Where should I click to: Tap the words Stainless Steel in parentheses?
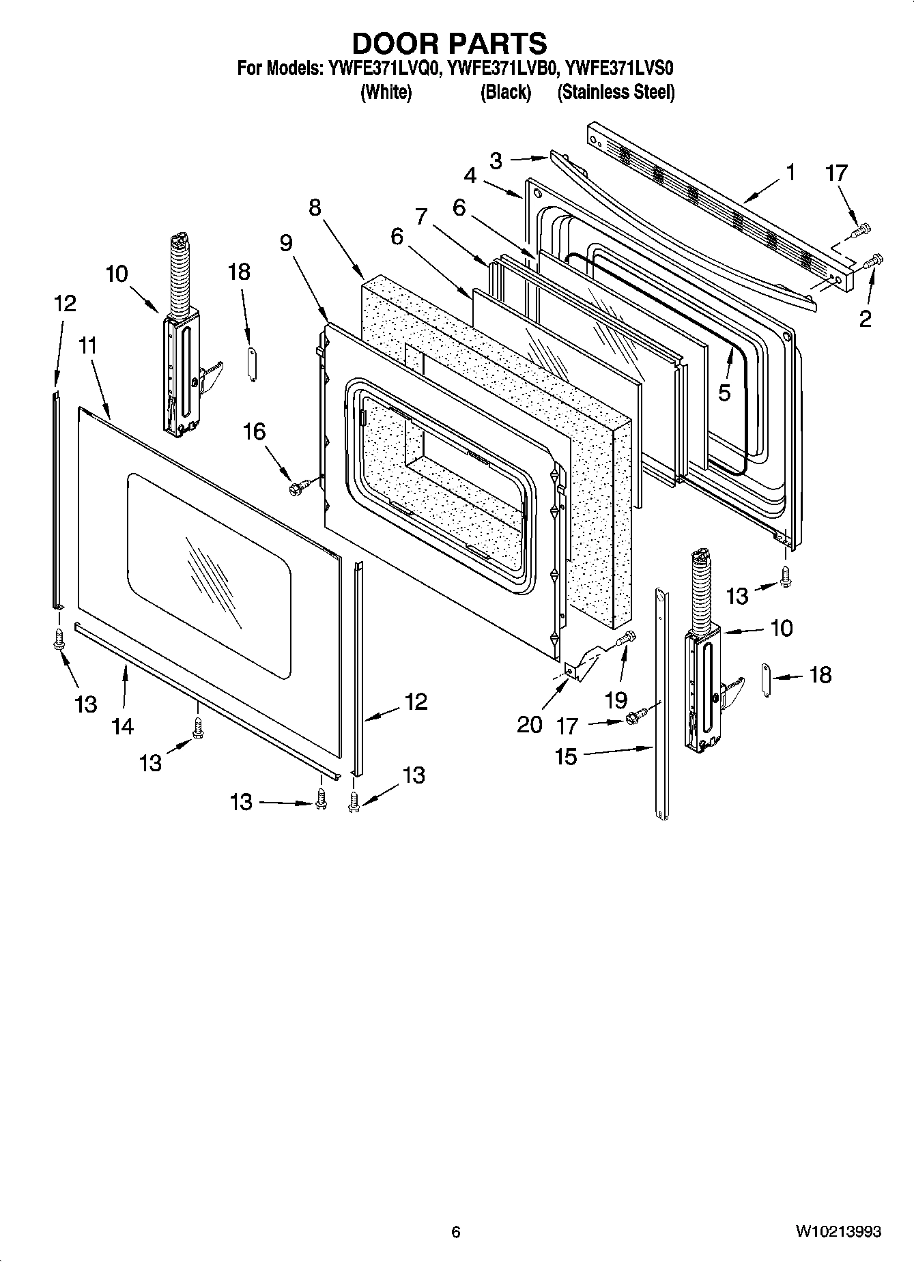pos(616,92)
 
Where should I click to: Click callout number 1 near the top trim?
pos(790,173)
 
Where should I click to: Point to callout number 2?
pos(865,319)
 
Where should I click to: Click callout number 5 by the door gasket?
pos(724,392)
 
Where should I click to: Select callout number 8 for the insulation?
pos(315,207)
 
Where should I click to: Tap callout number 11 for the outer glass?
pos(87,346)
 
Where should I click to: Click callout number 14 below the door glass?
pos(123,726)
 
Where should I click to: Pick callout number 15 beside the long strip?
pos(567,756)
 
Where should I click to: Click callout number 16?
pos(254,431)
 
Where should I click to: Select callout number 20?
pos(530,723)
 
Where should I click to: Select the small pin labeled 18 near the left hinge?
pos(251,364)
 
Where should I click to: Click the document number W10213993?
pos(838,1231)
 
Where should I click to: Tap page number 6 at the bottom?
pos(456,1231)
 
